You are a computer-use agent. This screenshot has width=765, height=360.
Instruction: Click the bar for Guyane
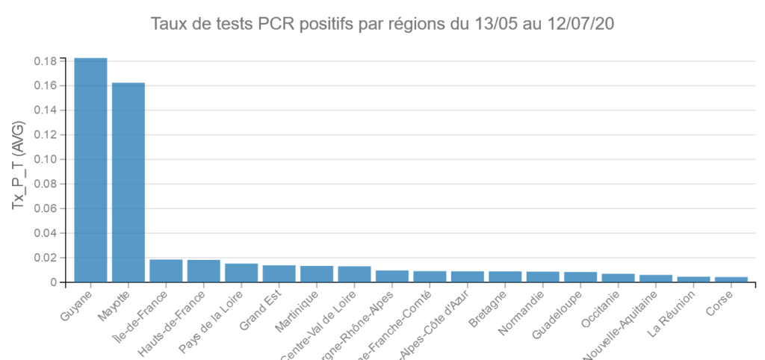tap(90, 170)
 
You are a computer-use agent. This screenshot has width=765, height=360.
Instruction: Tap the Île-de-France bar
tap(166, 271)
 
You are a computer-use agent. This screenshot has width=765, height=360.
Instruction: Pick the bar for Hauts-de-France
tap(203, 271)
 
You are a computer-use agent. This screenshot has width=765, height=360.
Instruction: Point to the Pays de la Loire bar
tap(241, 273)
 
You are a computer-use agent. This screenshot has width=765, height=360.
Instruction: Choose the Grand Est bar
tap(279, 273)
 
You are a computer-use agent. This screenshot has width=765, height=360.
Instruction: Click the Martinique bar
tap(317, 274)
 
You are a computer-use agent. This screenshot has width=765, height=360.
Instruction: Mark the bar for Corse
tap(731, 279)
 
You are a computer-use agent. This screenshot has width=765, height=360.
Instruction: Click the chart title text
tap(382, 24)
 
